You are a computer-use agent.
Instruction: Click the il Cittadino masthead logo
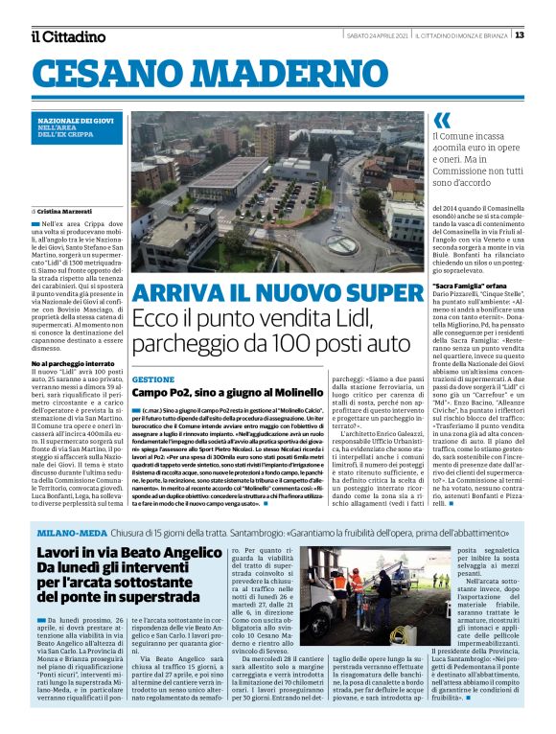[67, 36]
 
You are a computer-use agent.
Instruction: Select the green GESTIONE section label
[152, 379]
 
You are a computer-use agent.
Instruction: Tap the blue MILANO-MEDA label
[73, 532]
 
